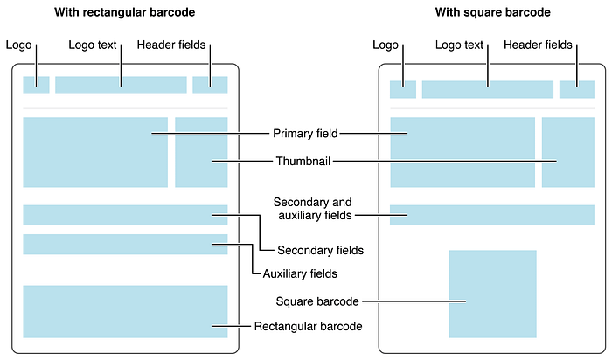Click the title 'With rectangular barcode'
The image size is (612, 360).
125,13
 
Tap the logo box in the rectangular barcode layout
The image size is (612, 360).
36,85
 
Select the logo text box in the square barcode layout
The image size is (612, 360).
488,89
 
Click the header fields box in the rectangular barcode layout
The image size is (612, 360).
210,85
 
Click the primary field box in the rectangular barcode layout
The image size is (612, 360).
95,152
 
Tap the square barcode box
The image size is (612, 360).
492,294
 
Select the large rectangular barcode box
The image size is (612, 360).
125,311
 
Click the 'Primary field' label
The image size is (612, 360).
304,134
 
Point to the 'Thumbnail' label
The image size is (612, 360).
304,162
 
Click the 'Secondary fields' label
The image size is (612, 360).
320,250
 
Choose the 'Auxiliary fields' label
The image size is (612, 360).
301,273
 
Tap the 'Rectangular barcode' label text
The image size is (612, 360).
308,326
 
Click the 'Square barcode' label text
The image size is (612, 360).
316,301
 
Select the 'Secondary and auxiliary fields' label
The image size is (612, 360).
312,207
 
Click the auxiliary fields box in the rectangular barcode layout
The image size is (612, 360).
125,244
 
